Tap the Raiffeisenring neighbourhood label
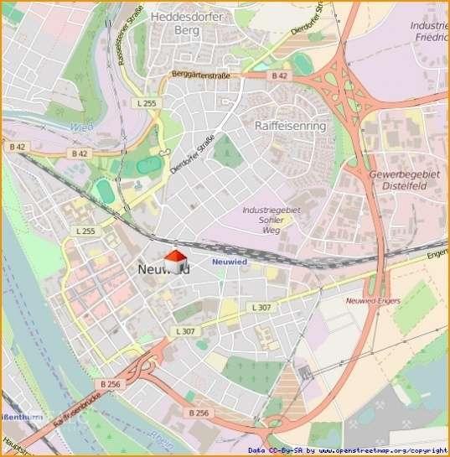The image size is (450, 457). click(289, 125)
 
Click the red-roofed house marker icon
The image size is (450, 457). click(175, 261)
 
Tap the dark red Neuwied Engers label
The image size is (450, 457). click(373, 300)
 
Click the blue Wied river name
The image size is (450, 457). click(81, 127)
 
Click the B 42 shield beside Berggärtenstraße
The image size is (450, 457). click(279, 75)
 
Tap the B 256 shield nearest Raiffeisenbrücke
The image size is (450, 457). click(109, 384)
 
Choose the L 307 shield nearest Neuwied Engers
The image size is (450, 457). click(261, 308)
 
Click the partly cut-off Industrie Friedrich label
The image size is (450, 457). click(429, 32)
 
